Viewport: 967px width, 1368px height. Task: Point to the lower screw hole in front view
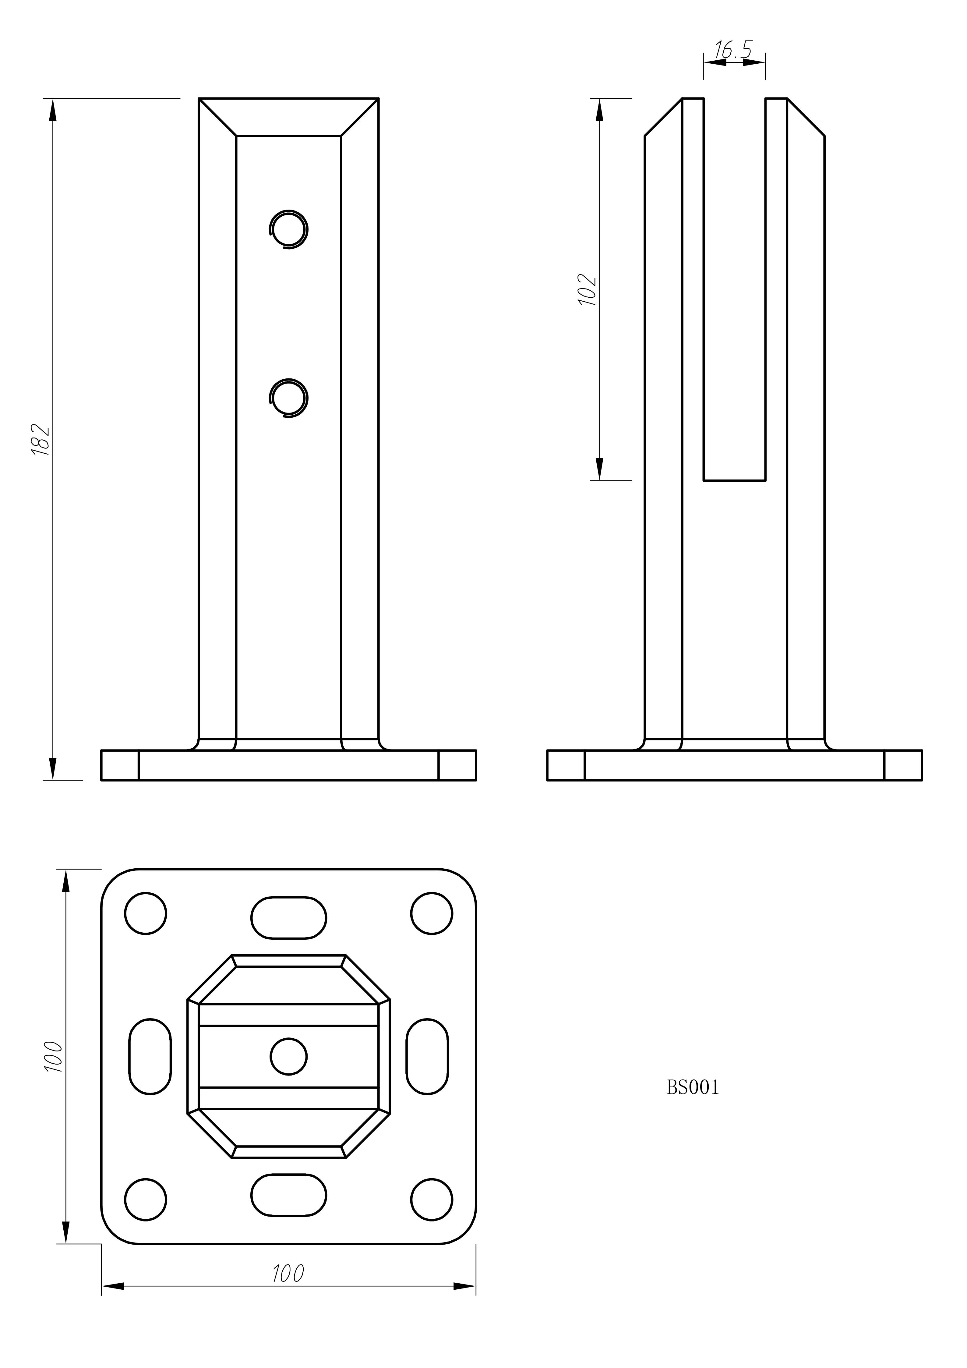(x=289, y=397)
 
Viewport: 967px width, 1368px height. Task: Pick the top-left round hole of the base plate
(x=146, y=913)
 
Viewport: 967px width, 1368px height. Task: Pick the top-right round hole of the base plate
(x=432, y=913)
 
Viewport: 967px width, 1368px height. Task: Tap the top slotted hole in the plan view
(x=289, y=918)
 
